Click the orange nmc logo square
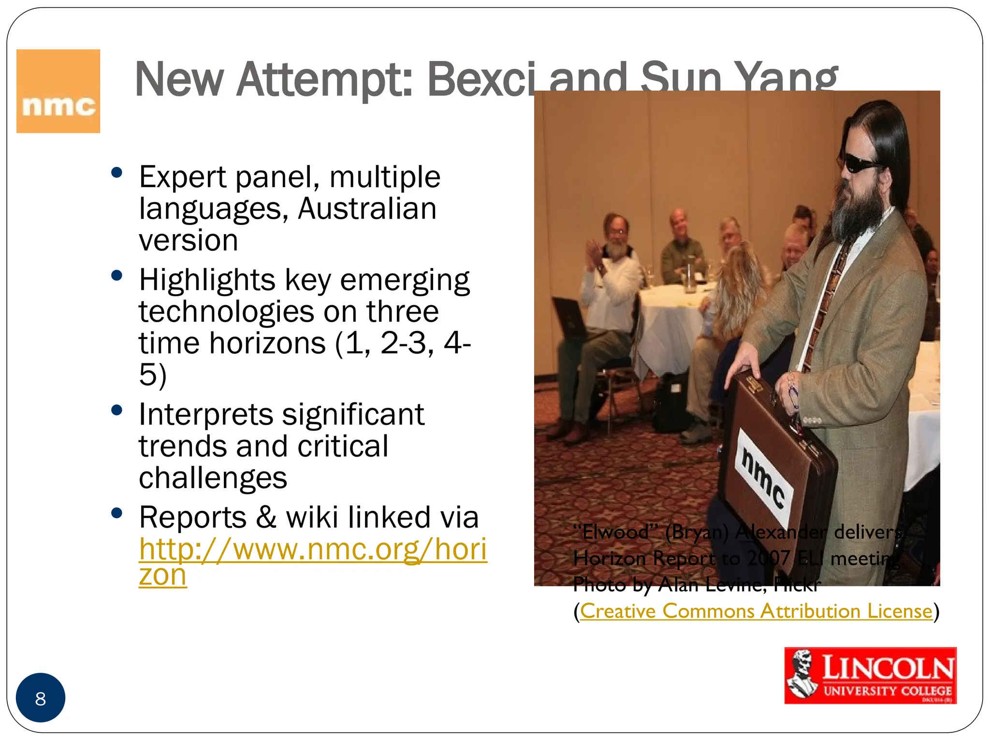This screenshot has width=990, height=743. point(58,91)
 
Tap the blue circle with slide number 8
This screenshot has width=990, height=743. point(41,698)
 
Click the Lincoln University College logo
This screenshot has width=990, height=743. point(870,675)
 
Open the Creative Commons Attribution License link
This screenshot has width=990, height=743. point(756,611)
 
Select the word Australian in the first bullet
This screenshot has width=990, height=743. point(367,209)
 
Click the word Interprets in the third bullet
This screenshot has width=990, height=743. point(206,415)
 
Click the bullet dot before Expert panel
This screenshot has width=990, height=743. point(116,173)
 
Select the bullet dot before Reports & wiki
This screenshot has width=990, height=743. point(116,513)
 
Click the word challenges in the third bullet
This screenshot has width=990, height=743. point(213,478)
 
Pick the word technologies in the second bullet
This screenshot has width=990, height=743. point(226,312)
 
